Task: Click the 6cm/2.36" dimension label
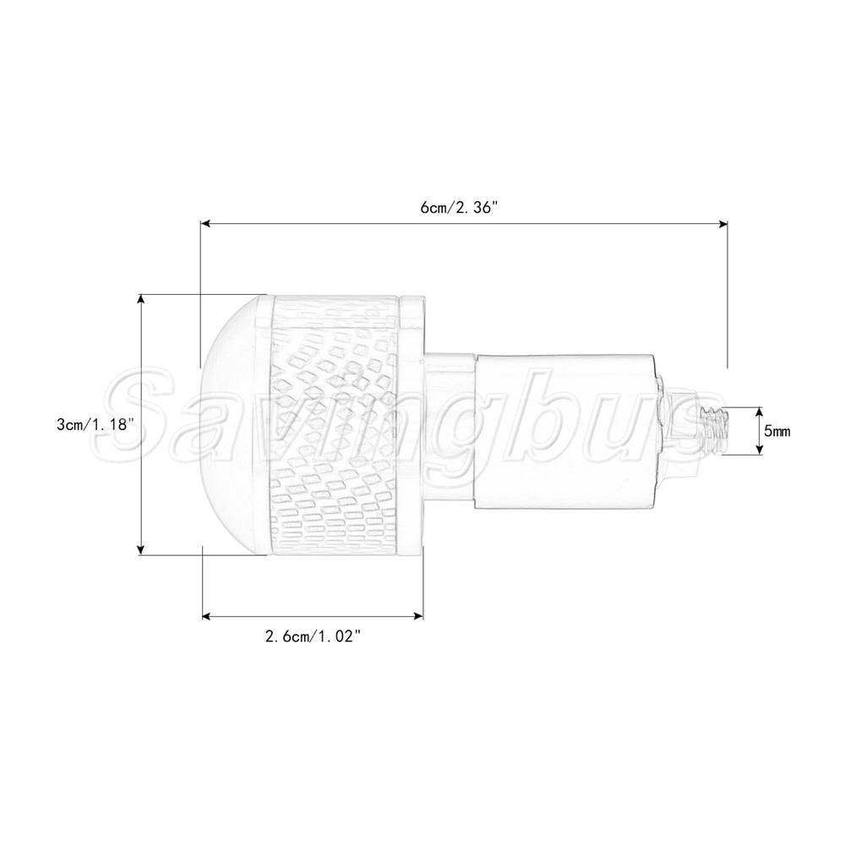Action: click(x=457, y=208)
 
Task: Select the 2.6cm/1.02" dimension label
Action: click(x=312, y=637)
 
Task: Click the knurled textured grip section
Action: click(x=337, y=426)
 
